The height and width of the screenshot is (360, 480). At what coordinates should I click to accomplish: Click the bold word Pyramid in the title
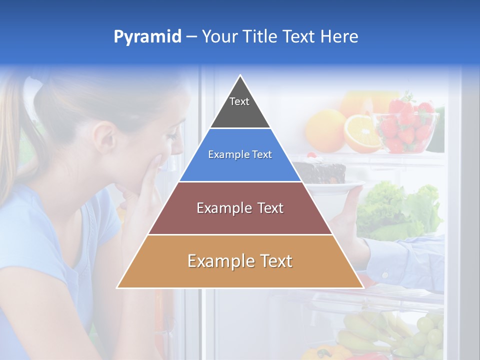pos(147,37)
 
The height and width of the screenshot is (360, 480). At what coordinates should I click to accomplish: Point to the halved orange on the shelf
pos(362,134)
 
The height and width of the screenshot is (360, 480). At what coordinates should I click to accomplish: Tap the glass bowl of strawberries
pos(410,130)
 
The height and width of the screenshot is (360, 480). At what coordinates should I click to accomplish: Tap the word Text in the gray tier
pos(239,101)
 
